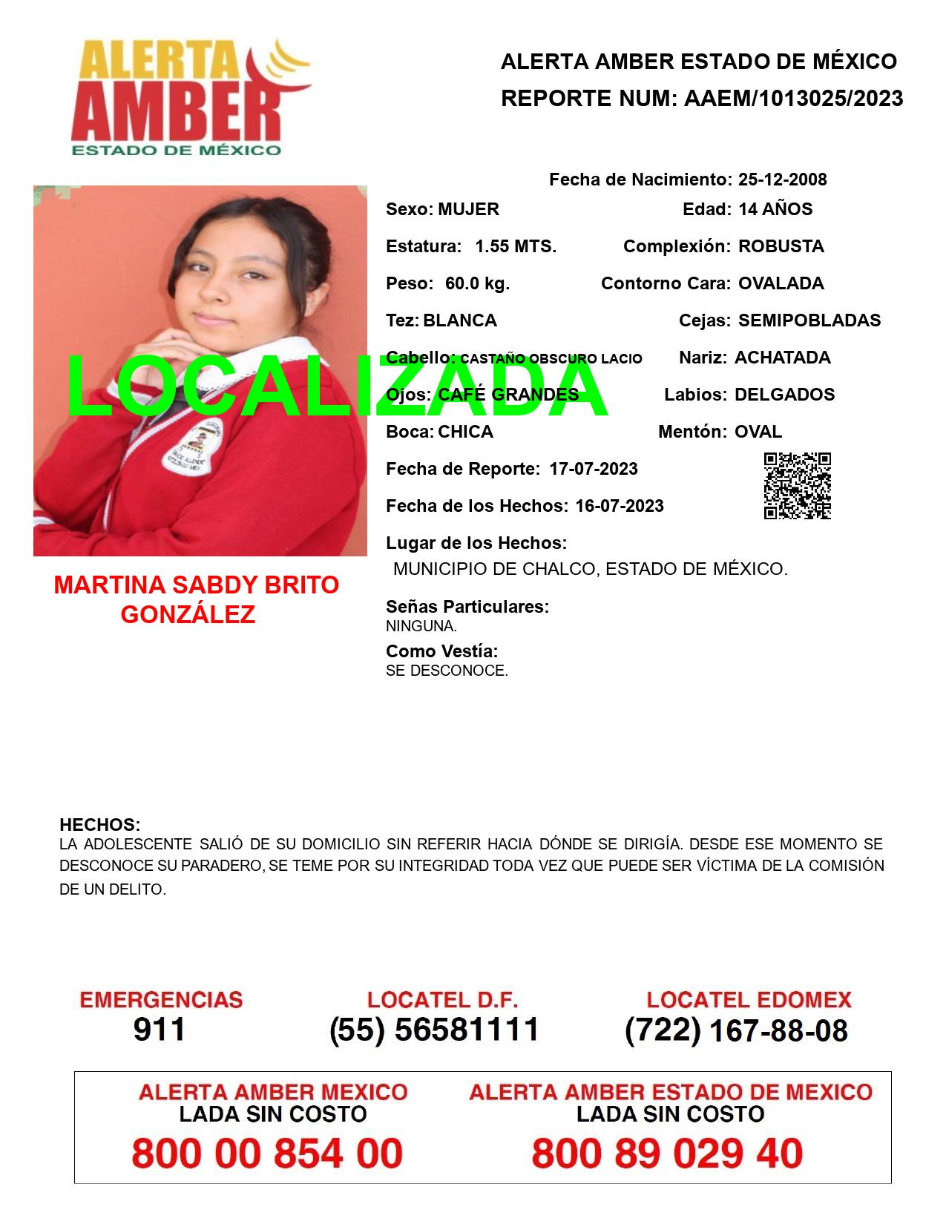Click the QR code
(x=798, y=486)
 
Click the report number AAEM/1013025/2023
(x=793, y=98)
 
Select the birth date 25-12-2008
(x=782, y=180)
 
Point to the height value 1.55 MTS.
(x=516, y=246)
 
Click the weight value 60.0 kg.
(x=477, y=283)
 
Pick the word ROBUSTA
(x=781, y=246)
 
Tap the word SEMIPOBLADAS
(x=809, y=320)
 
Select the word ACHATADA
(x=782, y=358)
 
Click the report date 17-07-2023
(x=594, y=469)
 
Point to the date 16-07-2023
(x=620, y=506)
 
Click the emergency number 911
(x=160, y=1030)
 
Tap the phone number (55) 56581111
(x=434, y=1030)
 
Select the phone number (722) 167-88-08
(x=736, y=1030)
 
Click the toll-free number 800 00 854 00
(x=267, y=1154)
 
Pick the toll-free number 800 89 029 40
(x=667, y=1154)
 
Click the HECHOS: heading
(x=99, y=825)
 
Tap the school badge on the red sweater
(x=191, y=447)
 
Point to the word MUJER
(x=468, y=209)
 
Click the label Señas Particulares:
(x=467, y=607)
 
